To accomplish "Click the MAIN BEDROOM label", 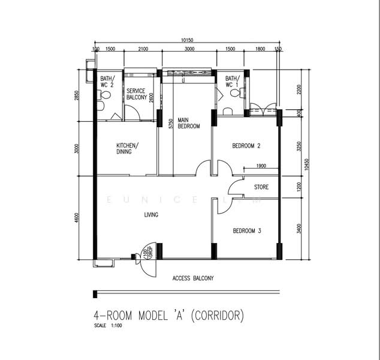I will (x=188, y=123).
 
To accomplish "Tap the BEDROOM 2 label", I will (x=246, y=146).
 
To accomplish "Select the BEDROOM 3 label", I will (x=246, y=231).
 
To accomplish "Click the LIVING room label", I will (x=151, y=214).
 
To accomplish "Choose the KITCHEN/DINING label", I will (x=128, y=148).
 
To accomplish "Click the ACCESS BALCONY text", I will (x=193, y=278).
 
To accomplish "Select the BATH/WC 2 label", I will (x=107, y=82).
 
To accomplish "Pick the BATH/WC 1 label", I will (x=232, y=82).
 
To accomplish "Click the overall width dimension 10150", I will (x=187, y=40).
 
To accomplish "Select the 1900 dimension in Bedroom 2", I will (x=261, y=166).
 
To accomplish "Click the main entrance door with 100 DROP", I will (x=144, y=258).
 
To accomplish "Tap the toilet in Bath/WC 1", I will (x=226, y=110).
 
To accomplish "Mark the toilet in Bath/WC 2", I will (x=100, y=106).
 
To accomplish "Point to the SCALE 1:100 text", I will (x=108, y=326).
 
